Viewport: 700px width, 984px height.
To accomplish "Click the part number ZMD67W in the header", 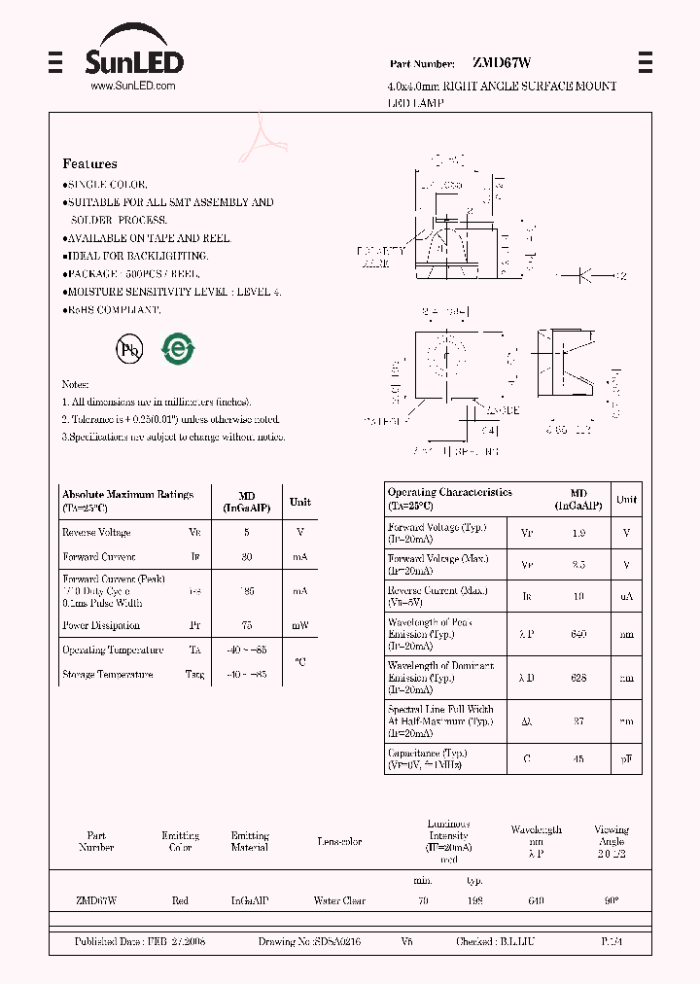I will click(x=502, y=63).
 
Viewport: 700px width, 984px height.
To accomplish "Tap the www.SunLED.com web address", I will click(x=132, y=87).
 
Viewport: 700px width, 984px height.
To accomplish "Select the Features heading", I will click(x=89, y=164).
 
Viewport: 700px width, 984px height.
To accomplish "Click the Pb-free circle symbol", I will click(x=129, y=351).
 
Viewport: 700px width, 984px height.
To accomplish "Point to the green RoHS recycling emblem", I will click(x=178, y=349).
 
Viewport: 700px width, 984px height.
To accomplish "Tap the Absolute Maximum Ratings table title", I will click(x=127, y=495).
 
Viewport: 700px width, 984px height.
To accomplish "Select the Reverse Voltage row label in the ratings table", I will click(x=96, y=533).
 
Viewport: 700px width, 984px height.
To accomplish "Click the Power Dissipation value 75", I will click(x=246, y=625).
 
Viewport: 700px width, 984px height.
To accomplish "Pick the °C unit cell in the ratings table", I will click(x=300, y=662).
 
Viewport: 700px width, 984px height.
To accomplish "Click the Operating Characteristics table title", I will click(x=449, y=493).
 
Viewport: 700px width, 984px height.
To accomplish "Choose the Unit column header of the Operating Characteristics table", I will click(x=627, y=500).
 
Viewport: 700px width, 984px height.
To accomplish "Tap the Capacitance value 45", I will click(x=578, y=758).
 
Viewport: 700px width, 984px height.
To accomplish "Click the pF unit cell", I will click(x=627, y=758).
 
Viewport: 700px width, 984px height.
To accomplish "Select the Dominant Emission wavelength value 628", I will click(x=578, y=678).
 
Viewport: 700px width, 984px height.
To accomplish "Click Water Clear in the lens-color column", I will click(x=339, y=901).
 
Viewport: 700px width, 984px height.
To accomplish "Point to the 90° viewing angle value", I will click(x=611, y=901).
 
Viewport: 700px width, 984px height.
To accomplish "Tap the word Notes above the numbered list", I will click(x=76, y=385).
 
